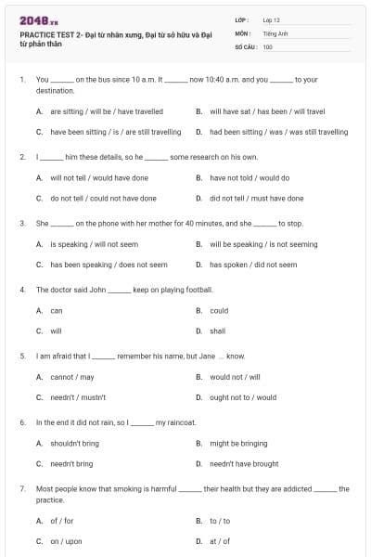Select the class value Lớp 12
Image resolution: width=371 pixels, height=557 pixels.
tap(272, 19)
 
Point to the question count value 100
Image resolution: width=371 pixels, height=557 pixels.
tap(267, 46)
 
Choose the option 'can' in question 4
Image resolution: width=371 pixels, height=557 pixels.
tap(57, 311)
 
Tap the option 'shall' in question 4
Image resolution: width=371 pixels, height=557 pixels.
tap(217, 330)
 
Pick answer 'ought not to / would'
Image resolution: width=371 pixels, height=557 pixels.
tap(243, 397)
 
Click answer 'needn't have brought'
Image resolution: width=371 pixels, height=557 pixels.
tap(244, 463)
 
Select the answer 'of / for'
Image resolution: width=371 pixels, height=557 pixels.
tap(61, 521)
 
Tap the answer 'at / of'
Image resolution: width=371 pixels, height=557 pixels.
tap(219, 541)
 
